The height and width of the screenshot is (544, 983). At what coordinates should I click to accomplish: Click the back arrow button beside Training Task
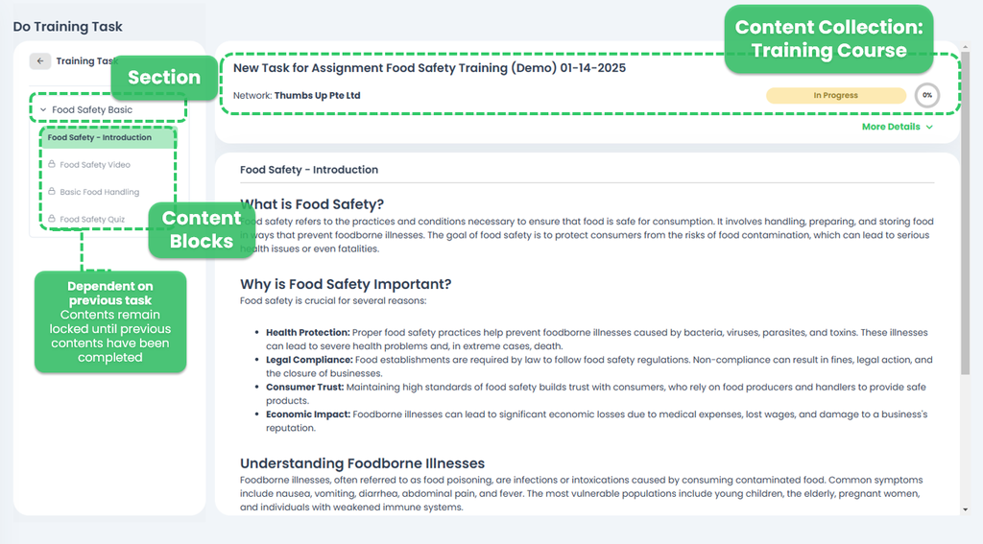[40, 61]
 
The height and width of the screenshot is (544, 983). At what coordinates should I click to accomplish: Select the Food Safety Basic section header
[92, 110]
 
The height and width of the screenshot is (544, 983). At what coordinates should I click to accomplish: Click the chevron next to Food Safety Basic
[43, 110]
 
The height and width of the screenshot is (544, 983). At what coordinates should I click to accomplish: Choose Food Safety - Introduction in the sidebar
[100, 138]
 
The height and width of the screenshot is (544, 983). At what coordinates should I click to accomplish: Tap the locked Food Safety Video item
[94, 165]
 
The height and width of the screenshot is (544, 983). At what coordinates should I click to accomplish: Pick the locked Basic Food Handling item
[99, 192]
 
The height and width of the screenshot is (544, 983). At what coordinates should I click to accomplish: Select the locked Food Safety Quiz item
[91, 220]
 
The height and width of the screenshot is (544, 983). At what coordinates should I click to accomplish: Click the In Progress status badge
[835, 96]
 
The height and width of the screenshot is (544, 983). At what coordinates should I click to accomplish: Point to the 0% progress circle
[926, 96]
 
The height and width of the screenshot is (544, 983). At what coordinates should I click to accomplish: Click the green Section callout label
[164, 78]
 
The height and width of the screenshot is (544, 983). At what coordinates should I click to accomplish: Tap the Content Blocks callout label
[202, 229]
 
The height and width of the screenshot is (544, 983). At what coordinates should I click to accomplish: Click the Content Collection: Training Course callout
[828, 39]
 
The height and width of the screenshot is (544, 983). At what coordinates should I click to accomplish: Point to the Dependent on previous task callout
[110, 321]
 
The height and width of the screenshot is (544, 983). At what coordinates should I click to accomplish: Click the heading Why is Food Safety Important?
[346, 284]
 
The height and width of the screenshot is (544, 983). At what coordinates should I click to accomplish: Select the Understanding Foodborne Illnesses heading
[362, 463]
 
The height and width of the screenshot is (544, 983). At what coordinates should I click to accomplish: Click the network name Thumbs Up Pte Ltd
[317, 96]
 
